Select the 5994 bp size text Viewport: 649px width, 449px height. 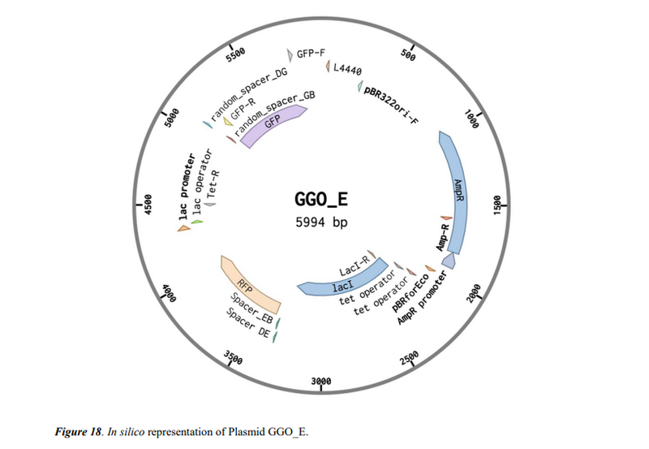click(x=323, y=222)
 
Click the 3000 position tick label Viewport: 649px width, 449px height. click(x=322, y=381)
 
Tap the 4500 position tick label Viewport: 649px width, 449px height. click(x=148, y=206)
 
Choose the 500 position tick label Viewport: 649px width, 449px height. click(x=408, y=55)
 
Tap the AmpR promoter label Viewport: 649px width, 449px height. click(x=423, y=299)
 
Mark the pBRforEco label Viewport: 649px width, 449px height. click(x=410, y=291)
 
